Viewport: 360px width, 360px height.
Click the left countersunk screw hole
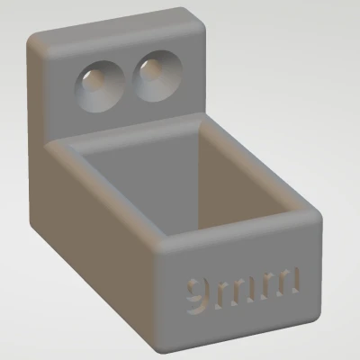pos(100,86)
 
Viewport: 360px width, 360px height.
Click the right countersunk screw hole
pos(157,76)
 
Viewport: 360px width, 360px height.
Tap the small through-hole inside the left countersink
pos(93,78)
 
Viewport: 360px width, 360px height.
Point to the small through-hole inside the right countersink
pos(150,68)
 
